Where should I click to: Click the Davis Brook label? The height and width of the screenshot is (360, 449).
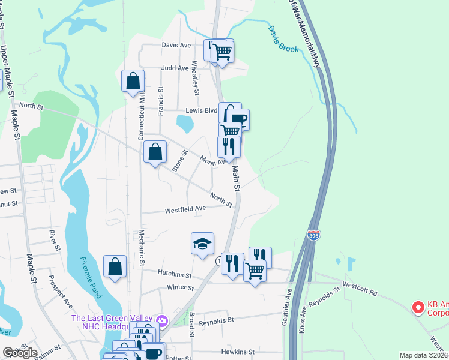pyautogui.click(x=283, y=38)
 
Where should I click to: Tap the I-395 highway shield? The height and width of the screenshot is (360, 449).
pyautogui.click(x=313, y=235)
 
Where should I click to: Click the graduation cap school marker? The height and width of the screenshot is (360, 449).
pyautogui.click(x=203, y=243)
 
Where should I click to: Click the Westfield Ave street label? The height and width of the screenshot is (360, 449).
pyautogui.click(x=185, y=209)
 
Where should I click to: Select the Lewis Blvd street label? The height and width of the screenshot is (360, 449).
pyautogui.click(x=200, y=110)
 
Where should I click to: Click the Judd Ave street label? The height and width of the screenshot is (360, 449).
pyautogui.click(x=175, y=68)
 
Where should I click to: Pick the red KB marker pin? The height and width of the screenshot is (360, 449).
pyautogui.click(x=418, y=308)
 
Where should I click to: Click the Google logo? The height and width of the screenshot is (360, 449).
pyautogui.click(x=19, y=353)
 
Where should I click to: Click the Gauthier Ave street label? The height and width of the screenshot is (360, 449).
pyautogui.click(x=288, y=307)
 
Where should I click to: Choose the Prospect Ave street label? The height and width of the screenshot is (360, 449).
pyautogui.click(x=60, y=290)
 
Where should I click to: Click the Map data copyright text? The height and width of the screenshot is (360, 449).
pyautogui.click(x=423, y=355)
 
